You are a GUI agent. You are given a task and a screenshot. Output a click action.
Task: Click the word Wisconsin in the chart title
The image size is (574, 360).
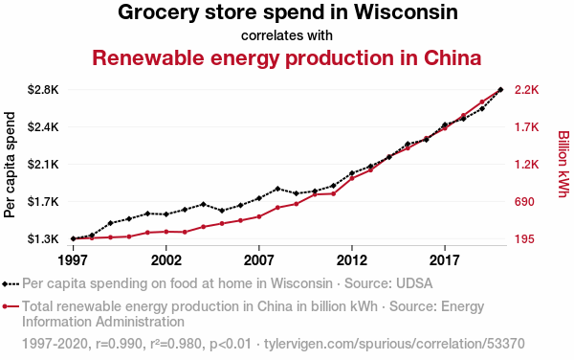click(406, 12)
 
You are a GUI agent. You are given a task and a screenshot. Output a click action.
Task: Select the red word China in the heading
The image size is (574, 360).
click(453, 57)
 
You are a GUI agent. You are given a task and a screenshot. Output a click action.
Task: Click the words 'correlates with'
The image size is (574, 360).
click(287, 35)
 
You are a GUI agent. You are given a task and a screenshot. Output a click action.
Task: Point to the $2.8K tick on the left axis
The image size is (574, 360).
click(43, 90)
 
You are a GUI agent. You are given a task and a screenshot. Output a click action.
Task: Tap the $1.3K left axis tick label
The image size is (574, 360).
click(43, 239)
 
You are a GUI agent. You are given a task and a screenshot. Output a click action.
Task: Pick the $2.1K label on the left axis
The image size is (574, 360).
click(43, 165)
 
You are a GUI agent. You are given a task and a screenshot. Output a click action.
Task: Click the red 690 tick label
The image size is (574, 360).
click(524, 202)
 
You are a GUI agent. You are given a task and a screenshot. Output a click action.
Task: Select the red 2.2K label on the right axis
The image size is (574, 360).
click(527, 90)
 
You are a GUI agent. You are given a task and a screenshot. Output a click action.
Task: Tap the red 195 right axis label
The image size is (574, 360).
click(524, 239)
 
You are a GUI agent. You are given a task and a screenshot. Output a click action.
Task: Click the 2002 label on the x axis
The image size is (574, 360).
click(166, 260)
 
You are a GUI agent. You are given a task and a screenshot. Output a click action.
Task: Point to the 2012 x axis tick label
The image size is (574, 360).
click(352, 260)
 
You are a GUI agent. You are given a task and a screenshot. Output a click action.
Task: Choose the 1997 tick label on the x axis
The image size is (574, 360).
click(74, 260)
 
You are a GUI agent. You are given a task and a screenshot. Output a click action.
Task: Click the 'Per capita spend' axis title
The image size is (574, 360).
click(10, 165)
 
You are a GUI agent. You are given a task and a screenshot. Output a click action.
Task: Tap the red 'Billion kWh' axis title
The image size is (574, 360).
click(563, 164)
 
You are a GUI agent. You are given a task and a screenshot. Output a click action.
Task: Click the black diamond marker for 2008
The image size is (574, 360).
click(277, 189)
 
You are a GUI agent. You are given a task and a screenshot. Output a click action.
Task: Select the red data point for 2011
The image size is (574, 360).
click(333, 193)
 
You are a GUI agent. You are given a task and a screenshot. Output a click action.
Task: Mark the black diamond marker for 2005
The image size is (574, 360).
click(222, 211)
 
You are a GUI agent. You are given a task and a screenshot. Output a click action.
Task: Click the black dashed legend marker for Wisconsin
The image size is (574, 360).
click(11, 283)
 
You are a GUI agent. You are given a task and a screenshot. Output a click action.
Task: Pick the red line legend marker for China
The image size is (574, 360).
click(11, 306)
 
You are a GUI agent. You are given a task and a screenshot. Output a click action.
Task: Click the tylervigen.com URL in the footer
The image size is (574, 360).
click(394, 344)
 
